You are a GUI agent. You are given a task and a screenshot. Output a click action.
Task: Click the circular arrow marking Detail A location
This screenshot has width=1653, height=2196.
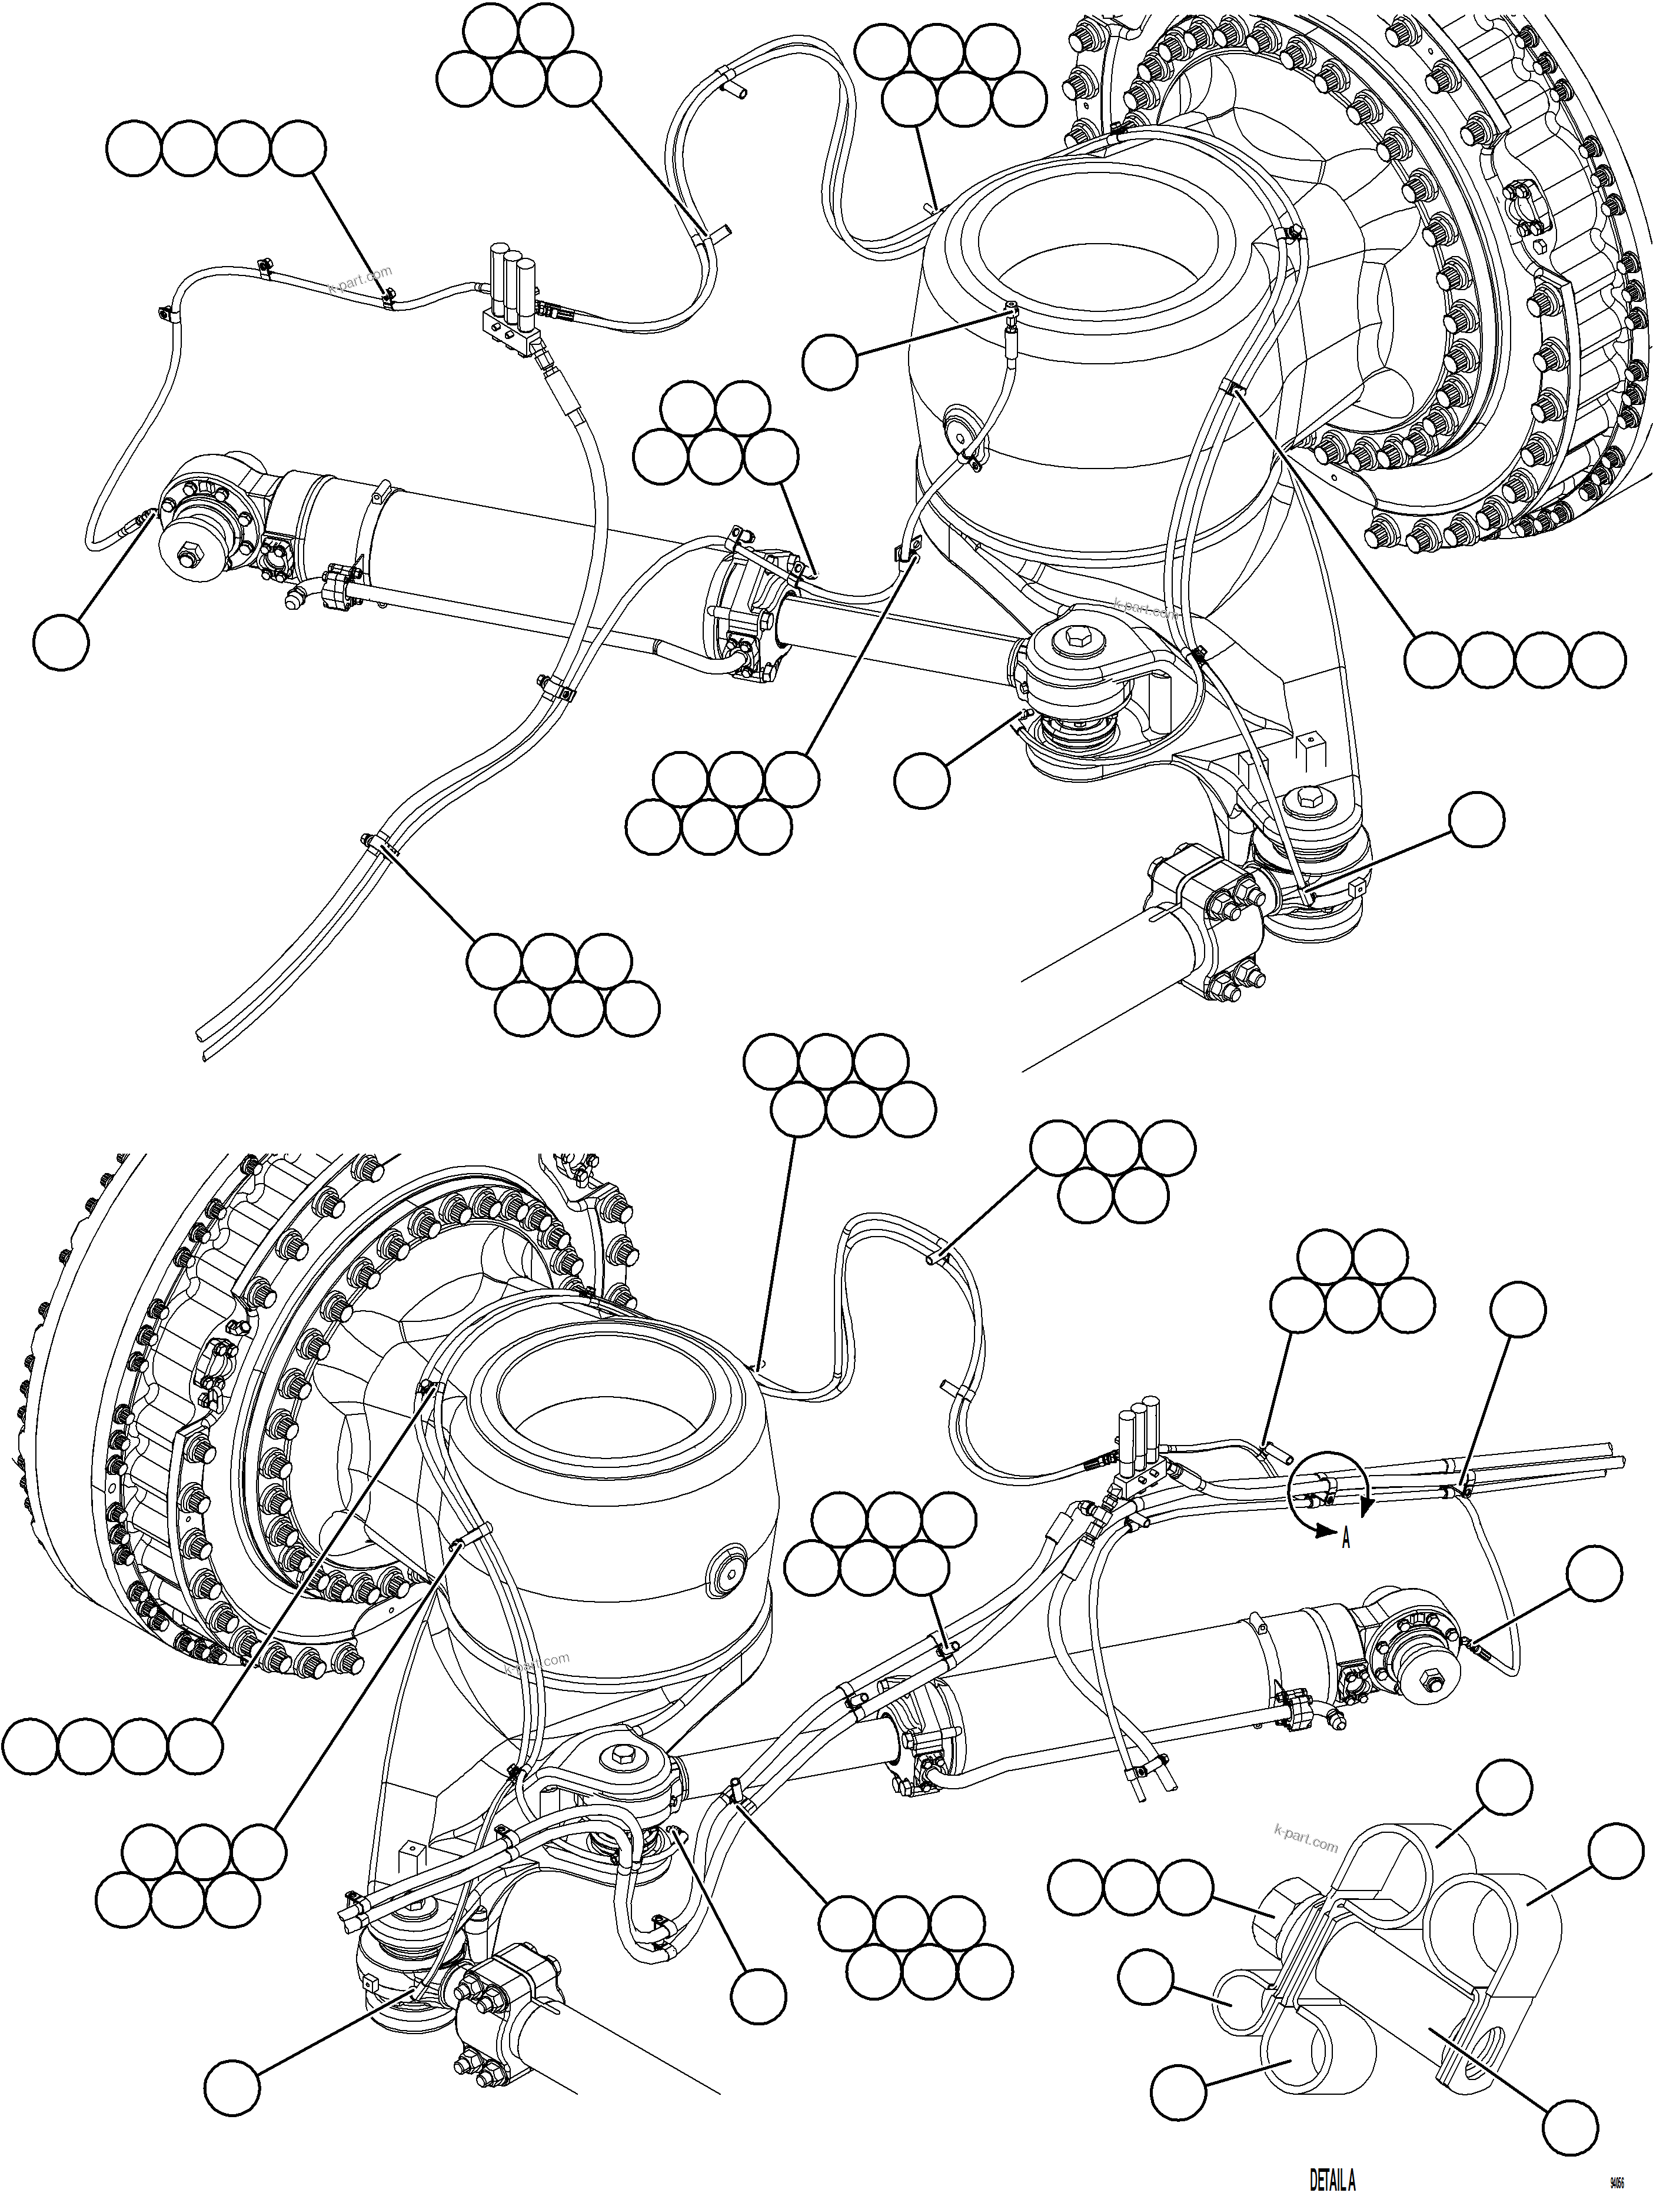[x=1331, y=1487]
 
